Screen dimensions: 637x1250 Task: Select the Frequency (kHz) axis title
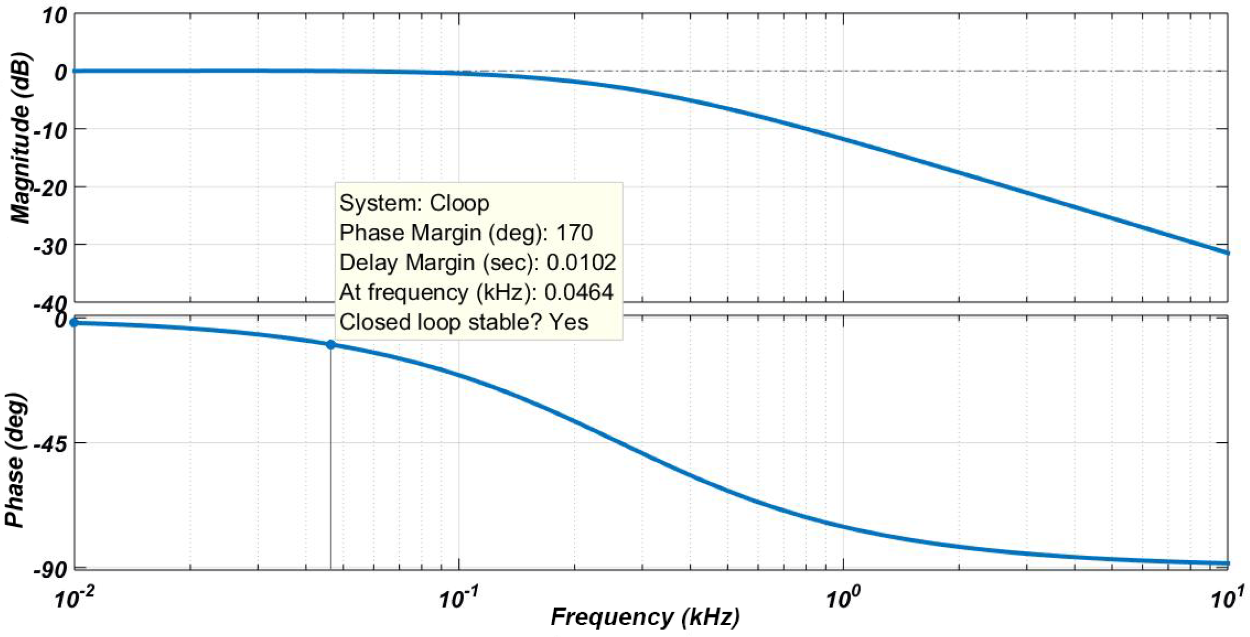pyautogui.click(x=645, y=616)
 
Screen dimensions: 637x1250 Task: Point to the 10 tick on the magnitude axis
pyautogui.click(x=54, y=16)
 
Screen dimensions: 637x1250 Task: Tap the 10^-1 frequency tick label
pyautogui.click(x=458, y=599)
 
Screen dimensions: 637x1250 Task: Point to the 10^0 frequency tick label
pyautogui.click(x=842, y=599)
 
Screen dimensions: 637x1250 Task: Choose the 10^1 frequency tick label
pyautogui.click(x=1226, y=599)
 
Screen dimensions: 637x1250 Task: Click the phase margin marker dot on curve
pyautogui.click(x=331, y=345)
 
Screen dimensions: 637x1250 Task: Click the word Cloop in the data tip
pyautogui.click(x=459, y=203)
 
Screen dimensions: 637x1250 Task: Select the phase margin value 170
pyautogui.click(x=574, y=233)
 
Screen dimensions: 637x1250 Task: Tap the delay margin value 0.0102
pyautogui.click(x=581, y=262)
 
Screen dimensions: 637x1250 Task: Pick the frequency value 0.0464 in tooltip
pyautogui.click(x=578, y=292)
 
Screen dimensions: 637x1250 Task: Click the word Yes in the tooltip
pyautogui.click(x=568, y=322)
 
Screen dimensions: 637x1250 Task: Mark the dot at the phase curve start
pyautogui.click(x=74, y=322)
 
